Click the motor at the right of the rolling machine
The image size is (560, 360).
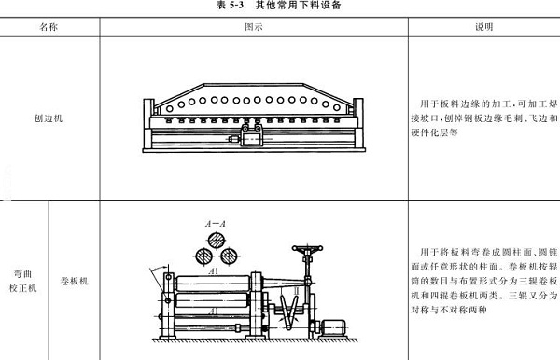pos(332,329)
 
